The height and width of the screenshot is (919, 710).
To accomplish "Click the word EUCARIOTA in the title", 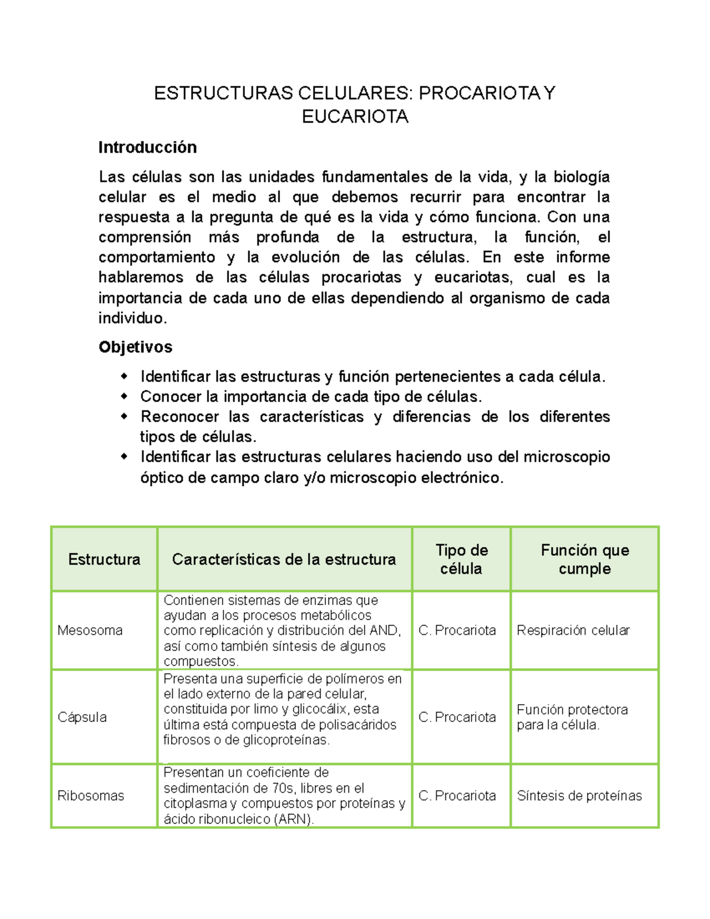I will (355, 117).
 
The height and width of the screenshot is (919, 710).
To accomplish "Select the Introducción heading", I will (147, 147).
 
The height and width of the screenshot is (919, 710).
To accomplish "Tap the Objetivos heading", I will (135, 347).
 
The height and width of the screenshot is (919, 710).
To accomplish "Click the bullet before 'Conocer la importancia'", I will (124, 396).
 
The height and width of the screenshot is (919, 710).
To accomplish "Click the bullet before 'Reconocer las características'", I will (124, 416).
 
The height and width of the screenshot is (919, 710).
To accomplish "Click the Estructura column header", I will (104, 559).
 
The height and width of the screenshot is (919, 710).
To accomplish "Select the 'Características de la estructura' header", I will (284, 559).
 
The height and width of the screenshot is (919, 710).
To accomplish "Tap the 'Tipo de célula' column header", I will (461, 559).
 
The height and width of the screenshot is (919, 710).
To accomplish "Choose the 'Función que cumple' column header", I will (585, 559).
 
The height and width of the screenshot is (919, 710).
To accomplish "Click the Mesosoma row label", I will (90, 630).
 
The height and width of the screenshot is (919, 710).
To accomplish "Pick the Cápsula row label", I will (82, 717).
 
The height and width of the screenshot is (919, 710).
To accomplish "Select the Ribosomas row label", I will (91, 796).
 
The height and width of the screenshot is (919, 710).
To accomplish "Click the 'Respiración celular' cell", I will (573, 630).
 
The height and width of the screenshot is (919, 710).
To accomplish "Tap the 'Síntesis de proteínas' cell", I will (579, 796).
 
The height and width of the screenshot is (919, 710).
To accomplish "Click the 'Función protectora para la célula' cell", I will (572, 717).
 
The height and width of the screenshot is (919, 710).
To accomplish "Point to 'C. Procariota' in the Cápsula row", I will (457, 717).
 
